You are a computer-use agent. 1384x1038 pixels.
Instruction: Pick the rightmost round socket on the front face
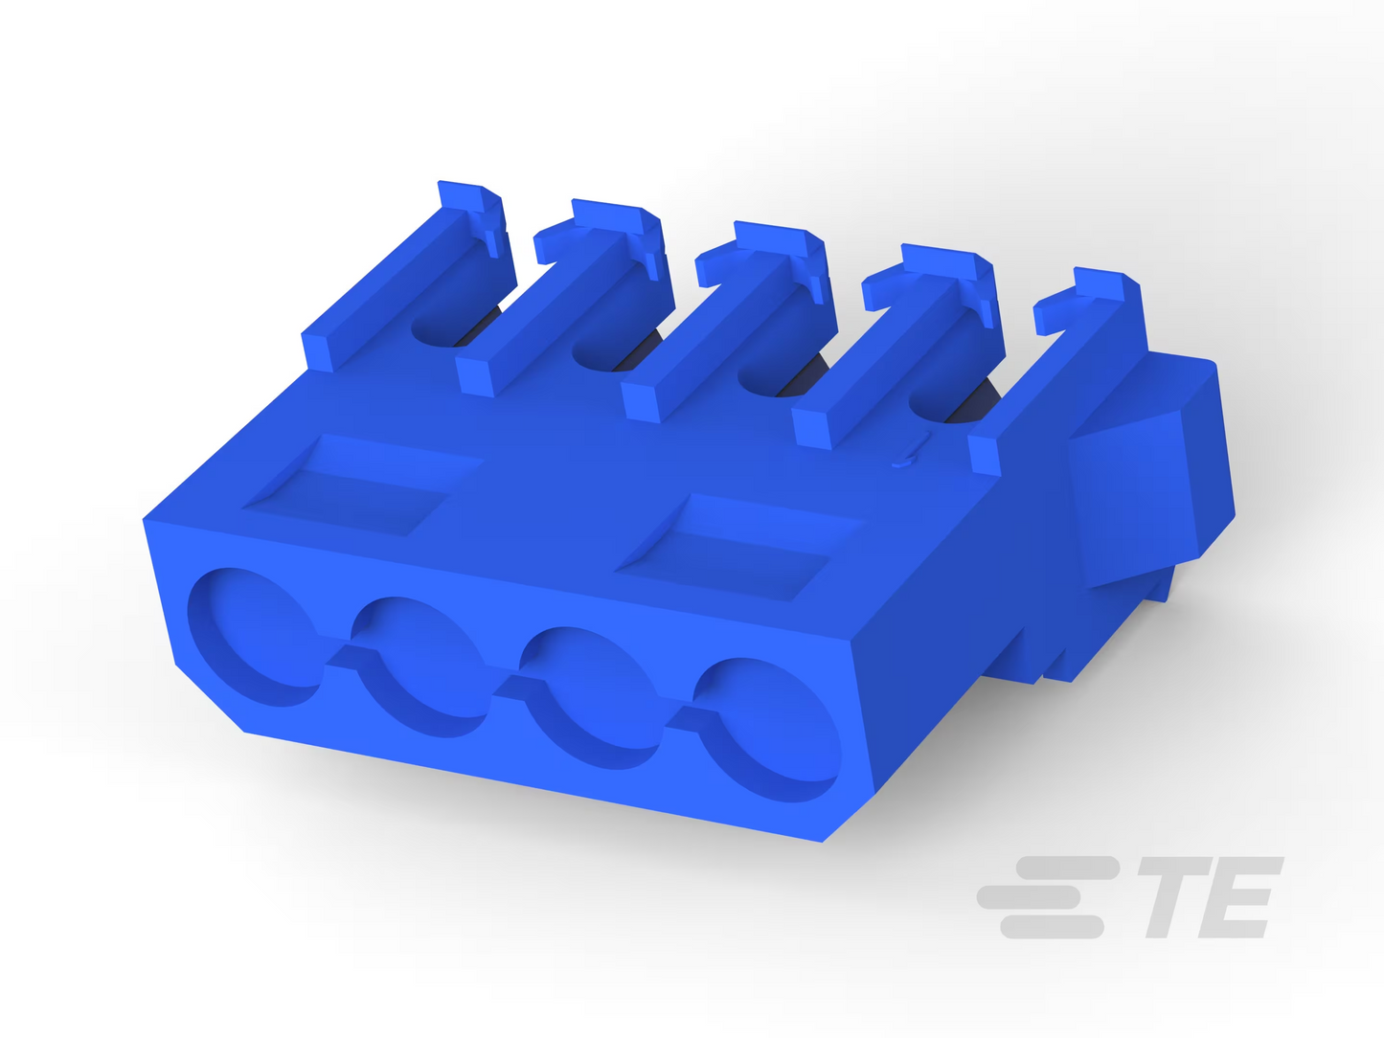coord(767,730)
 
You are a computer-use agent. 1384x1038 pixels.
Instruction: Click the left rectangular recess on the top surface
coord(363,484)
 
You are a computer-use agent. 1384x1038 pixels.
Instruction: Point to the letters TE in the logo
coord(1210,897)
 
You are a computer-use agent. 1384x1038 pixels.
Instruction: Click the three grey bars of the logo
coord(1048,897)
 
